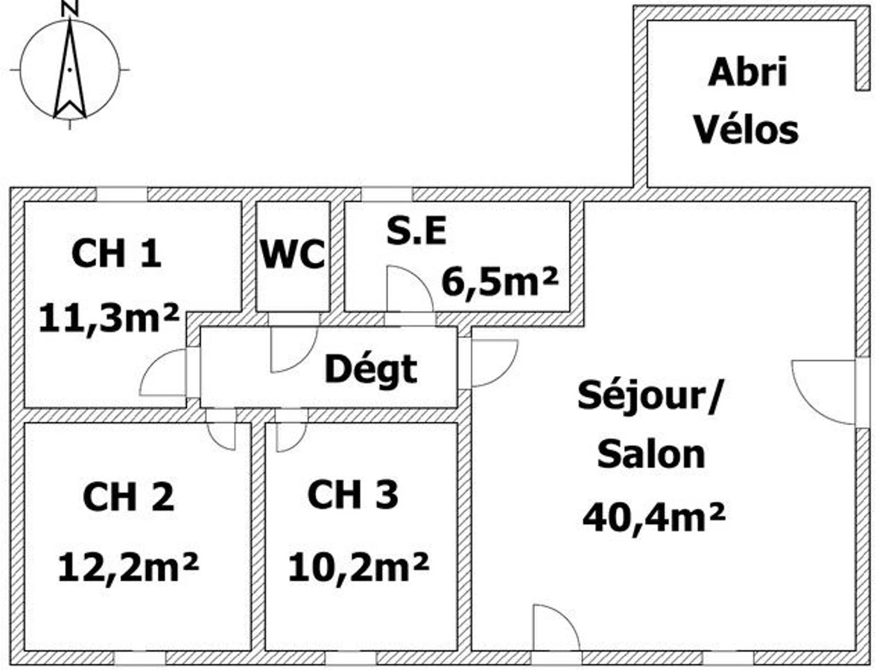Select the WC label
click(293, 255)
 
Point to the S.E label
click(416, 232)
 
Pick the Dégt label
click(371, 368)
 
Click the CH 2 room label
click(128, 497)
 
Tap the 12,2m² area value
click(128, 568)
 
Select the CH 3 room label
click(353, 494)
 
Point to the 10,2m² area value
click(358, 568)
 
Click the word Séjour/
click(650, 396)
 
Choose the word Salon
click(651, 454)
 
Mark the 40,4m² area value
click(654, 515)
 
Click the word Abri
click(747, 73)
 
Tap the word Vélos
click(746, 130)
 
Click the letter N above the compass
click(70, 8)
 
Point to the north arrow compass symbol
click(69, 69)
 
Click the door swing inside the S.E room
click(409, 290)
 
